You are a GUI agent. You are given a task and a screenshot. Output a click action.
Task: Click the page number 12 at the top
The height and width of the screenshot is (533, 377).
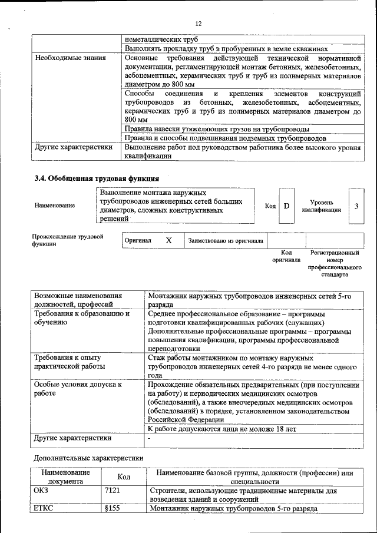(199, 23)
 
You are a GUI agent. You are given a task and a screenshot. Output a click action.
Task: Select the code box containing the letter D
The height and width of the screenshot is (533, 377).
(286, 206)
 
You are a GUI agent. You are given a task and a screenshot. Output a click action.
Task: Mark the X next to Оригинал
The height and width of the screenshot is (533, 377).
(169, 240)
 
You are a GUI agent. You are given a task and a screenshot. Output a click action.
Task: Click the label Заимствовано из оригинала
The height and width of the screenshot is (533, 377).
(225, 240)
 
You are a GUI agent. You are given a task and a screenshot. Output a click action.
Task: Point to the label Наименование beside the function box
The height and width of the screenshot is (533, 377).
(55, 206)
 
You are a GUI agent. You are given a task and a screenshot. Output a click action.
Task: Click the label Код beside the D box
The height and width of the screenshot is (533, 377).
(270, 206)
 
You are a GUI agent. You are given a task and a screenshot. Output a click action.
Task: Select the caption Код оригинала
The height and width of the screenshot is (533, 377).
(286, 256)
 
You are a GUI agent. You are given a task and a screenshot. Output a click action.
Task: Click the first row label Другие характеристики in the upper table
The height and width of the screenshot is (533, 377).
(74, 147)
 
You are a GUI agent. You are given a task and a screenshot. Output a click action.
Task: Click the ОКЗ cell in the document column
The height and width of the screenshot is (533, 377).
(44, 490)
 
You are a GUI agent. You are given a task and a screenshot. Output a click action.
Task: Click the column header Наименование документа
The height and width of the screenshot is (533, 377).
(65, 476)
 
